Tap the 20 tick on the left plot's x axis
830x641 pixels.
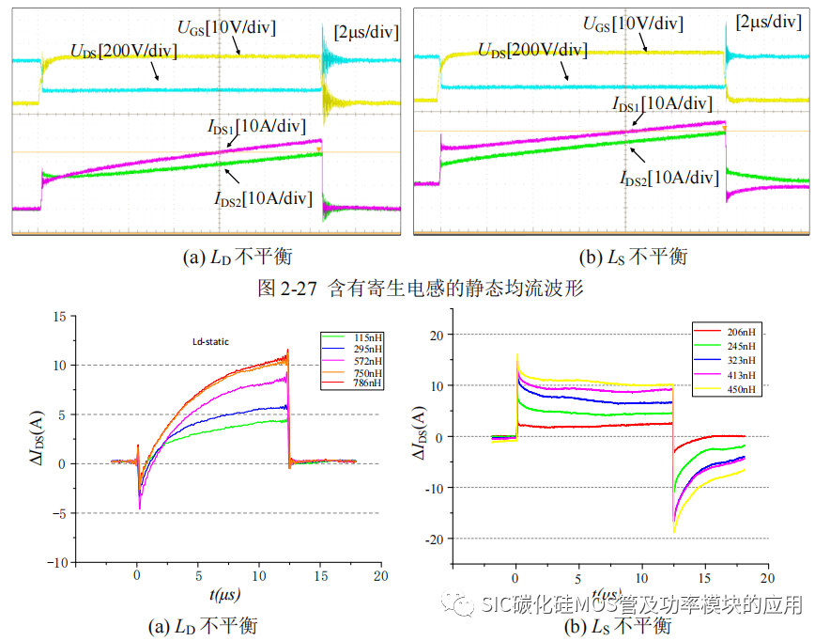(x=379, y=573)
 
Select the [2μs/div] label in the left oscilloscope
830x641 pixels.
(x=366, y=32)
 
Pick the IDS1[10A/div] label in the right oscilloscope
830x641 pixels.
(x=663, y=103)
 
